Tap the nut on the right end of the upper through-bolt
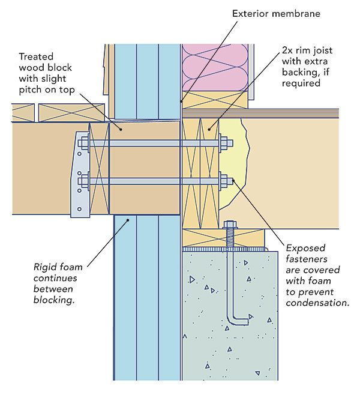point(227,143)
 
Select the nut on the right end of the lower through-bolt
point(227,178)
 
